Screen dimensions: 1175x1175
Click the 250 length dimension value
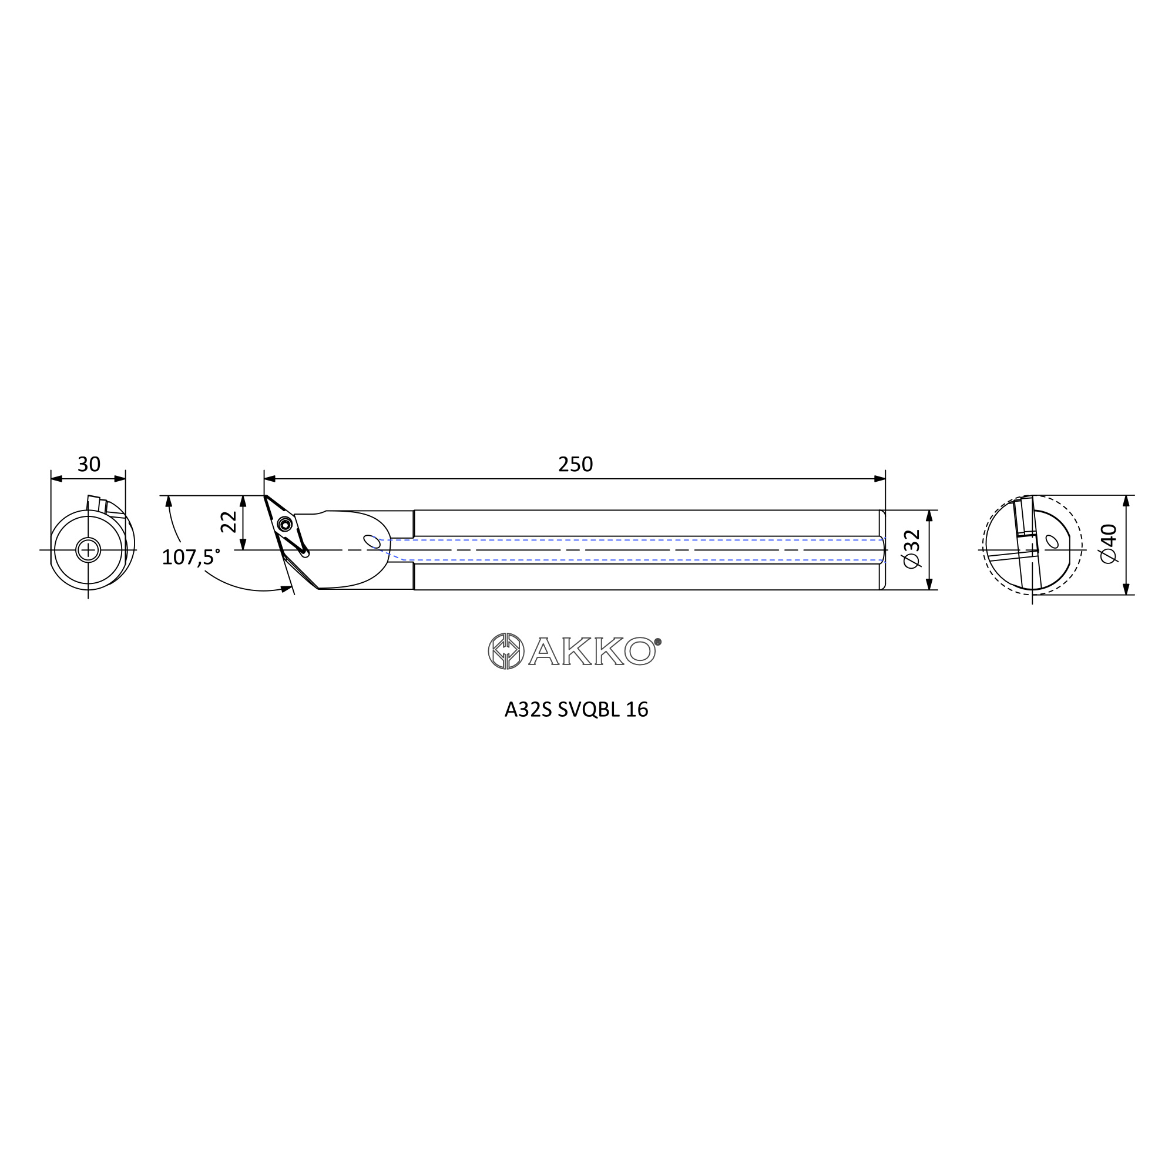click(575, 465)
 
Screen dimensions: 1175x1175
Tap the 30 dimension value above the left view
click(89, 465)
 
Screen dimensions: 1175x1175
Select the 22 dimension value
click(229, 522)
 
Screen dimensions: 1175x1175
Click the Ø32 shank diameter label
click(912, 549)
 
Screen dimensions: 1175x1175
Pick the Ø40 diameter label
click(1109, 543)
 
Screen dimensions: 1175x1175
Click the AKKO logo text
click(592, 652)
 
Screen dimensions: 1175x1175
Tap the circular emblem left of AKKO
click(506, 652)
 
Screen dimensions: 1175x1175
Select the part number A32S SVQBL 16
click(576, 710)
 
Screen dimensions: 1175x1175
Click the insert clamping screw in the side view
click(283, 523)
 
